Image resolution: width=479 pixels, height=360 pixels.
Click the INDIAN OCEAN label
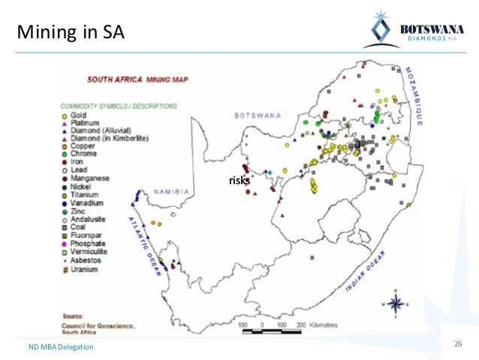point(369,272)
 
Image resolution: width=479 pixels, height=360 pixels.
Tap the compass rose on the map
point(397,304)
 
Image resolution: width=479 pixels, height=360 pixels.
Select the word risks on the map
point(239,181)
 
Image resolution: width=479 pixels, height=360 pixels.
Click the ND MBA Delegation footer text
point(62,346)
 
